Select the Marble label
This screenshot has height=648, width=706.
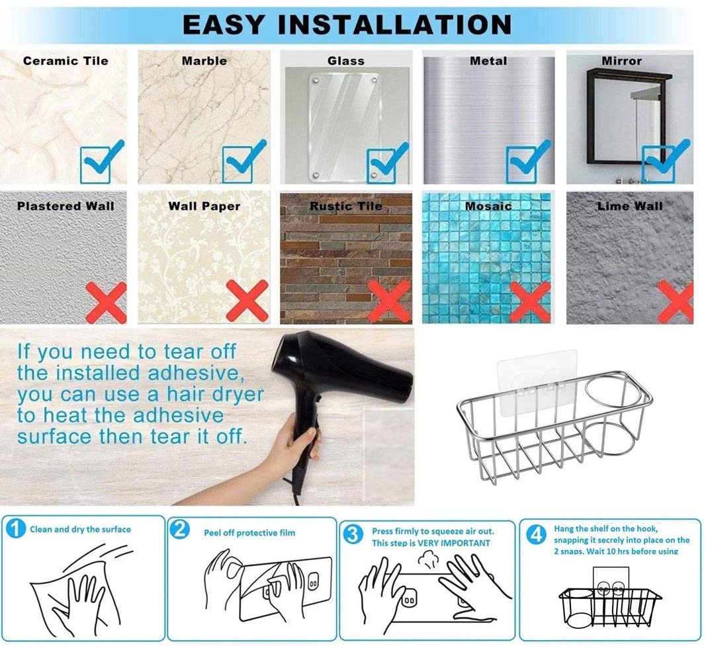point(204,61)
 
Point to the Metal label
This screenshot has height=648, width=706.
point(488,61)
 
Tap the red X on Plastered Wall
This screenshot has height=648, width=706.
point(106,302)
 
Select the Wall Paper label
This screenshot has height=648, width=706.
point(204,206)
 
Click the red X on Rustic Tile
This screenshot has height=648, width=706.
point(389,301)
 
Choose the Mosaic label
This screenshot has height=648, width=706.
point(488,206)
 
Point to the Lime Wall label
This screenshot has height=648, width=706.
point(629,206)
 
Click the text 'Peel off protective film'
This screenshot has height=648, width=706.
point(249,533)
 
